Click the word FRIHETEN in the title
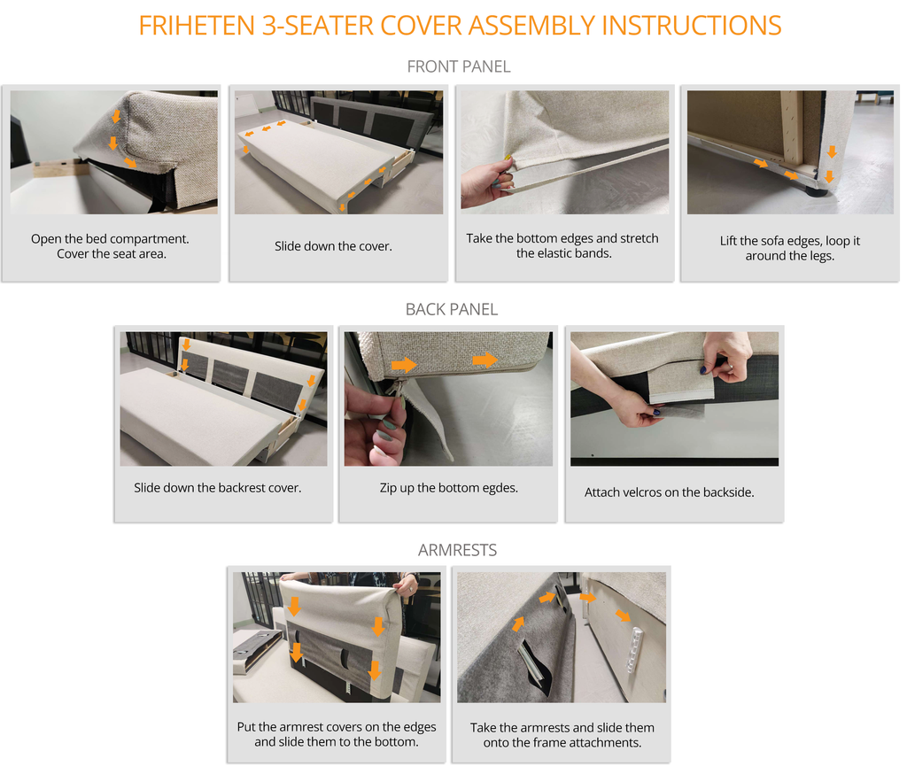click(197, 26)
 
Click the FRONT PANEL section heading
click(459, 67)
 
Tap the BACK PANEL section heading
click(451, 310)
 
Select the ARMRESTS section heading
click(457, 550)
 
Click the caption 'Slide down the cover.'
click(333, 246)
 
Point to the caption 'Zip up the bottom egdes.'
click(449, 488)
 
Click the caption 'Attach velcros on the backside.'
click(670, 492)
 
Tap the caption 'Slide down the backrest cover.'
click(218, 488)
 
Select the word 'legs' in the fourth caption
click(821, 256)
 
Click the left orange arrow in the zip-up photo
click(404, 365)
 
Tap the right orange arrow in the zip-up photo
click(485, 360)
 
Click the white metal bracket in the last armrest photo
click(634, 651)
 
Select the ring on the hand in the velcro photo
click(730, 367)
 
